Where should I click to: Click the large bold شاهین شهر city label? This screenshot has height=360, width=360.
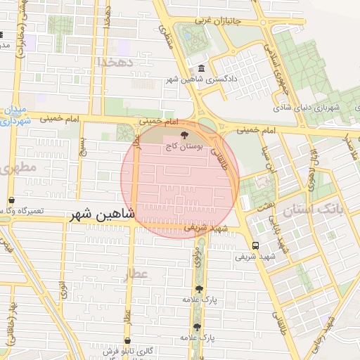pyautogui.click(x=103, y=217)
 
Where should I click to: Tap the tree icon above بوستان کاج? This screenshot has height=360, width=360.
pyautogui.click(x=185, y=135)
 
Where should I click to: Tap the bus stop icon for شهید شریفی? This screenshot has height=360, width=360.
pyautogui.click(x=255, y=245)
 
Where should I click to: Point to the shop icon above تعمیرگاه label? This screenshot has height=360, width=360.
pyautogui.click(x=11, y=200)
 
